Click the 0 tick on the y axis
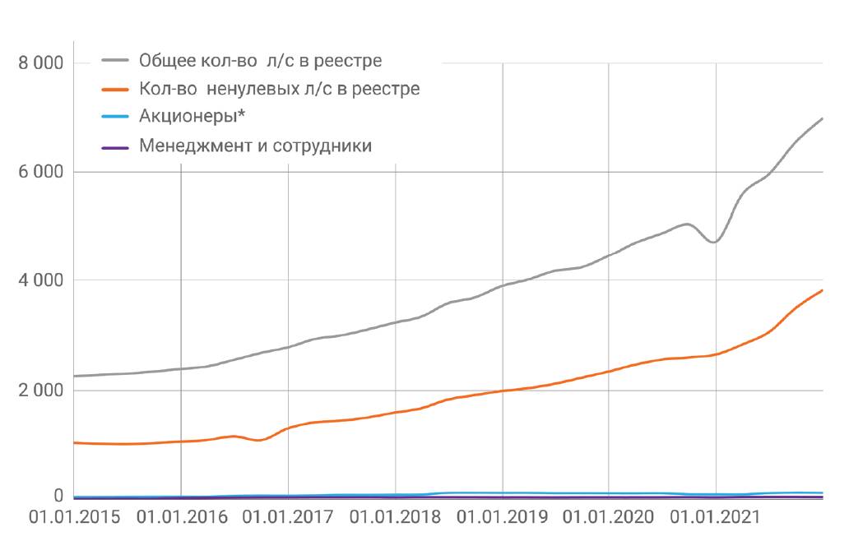tap(59, 496)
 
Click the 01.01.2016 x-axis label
tap(181, 518)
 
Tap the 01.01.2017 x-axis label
tap(288, 518)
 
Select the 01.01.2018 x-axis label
tap(396, 518)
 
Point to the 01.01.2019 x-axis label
tap(503, 518)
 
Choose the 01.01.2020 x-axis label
tap(610, 518)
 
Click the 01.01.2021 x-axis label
tap(717, 518)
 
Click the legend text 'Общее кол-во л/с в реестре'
tap(261, 61)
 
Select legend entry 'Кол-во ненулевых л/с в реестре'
tap(280, 89)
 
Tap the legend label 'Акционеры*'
tap(190, 118)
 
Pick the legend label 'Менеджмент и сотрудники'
tap(256, 146)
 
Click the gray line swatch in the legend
tap(116, 61)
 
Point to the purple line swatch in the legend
tap(116, 147)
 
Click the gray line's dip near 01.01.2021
tap(714, 242)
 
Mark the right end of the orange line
tap(822, 290)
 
